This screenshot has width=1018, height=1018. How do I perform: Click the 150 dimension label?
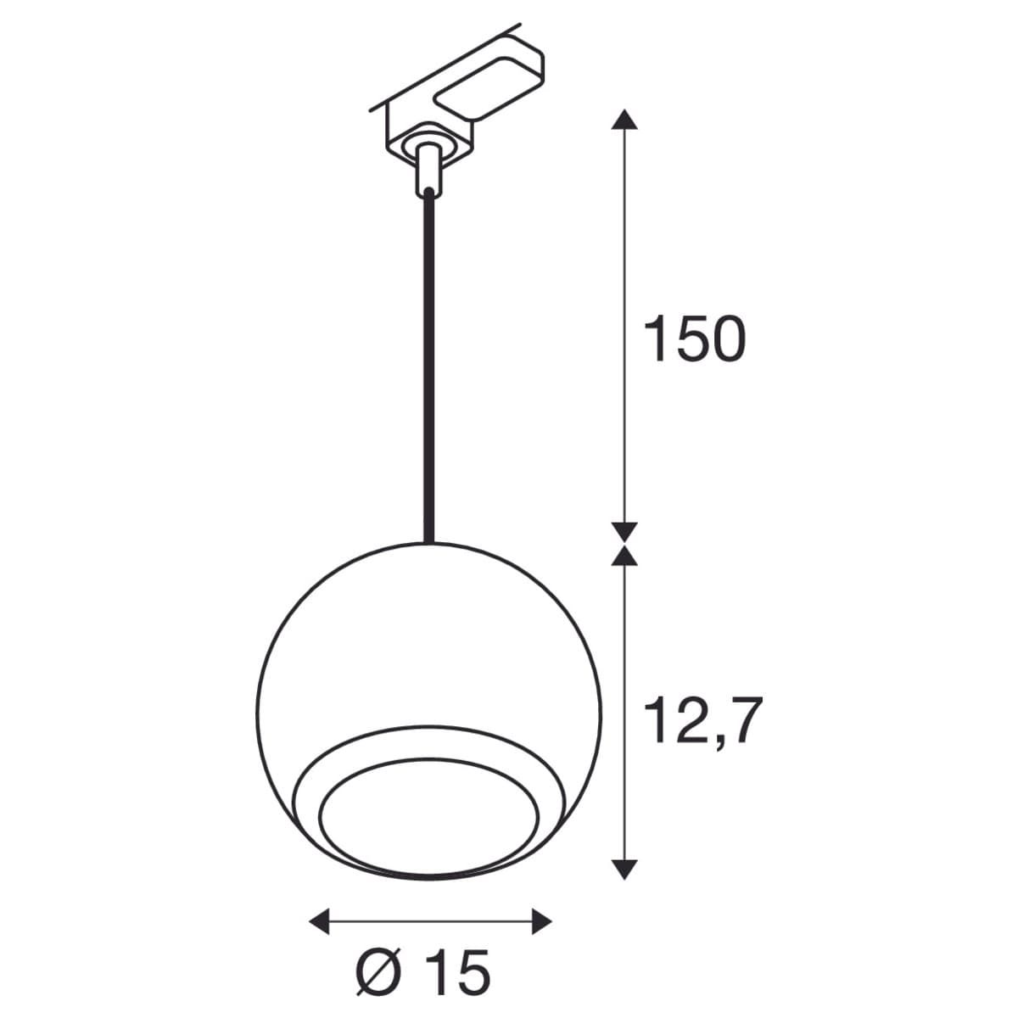pyautogui.click(x=694, y=339)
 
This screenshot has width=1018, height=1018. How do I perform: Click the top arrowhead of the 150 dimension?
pyautogui.click(x=624, y=120)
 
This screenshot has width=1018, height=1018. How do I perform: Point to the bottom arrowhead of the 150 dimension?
pyautogui.click(x=624, y=532)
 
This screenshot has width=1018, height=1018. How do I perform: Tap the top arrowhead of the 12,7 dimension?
pyautogui.click(x=624, y=556)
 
